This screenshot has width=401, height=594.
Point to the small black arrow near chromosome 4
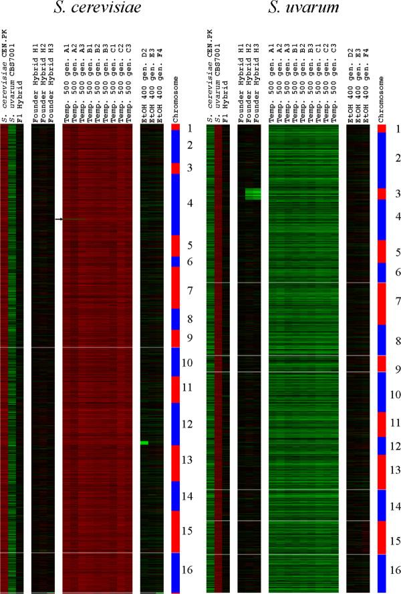tap(58, 219)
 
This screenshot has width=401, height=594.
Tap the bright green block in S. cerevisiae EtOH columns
tap(144, 443)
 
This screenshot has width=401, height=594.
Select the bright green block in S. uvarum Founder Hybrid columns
tap(253, 194)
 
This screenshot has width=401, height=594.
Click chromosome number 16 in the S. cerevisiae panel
tap(189, 570)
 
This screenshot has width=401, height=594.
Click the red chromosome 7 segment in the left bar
tap(176, 287)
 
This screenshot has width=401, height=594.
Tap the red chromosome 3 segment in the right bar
tap(382, 194)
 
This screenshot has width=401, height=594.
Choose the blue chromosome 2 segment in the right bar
tap(382, 160)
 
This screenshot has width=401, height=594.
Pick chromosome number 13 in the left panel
tap(189, 460)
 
